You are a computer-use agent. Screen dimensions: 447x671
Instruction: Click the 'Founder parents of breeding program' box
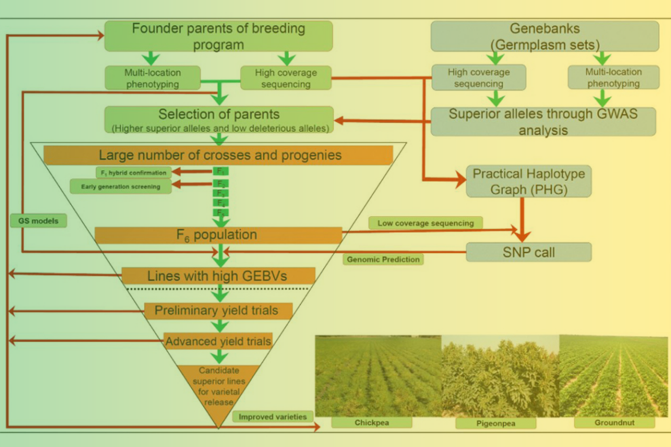[x=218, y=36]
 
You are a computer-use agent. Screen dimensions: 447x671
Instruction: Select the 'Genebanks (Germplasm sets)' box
[x=545, y=36]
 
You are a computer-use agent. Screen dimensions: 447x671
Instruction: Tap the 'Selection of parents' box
[x=219, y=120]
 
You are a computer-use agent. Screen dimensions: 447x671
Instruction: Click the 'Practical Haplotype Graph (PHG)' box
[x=529, y=181]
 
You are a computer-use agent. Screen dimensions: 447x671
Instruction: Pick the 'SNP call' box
[x=529, y=252]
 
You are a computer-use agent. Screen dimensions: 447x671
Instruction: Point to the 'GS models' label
[x=39, y=221]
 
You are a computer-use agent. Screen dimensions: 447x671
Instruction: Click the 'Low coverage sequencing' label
[x=425, y=223]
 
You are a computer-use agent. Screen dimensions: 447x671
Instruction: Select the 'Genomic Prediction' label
[x=383, y=259]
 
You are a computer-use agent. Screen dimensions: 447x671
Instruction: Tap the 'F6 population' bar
[x=218, y=235]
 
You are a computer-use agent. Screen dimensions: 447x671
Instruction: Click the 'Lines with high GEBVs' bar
[x=218, y=275]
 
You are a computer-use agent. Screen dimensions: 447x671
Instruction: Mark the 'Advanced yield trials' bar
[x=218, y=341]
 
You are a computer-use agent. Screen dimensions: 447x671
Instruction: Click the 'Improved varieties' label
[x=272, y=417]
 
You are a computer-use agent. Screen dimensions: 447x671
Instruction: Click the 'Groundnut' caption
[x=614, y=422]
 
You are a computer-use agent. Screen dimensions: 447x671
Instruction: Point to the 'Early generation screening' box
[x=121, y=187]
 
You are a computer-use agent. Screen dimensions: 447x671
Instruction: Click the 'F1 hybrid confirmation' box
[x=133, y=172]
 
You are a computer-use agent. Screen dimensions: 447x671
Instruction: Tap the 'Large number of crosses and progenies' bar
[x=218, y=155]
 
